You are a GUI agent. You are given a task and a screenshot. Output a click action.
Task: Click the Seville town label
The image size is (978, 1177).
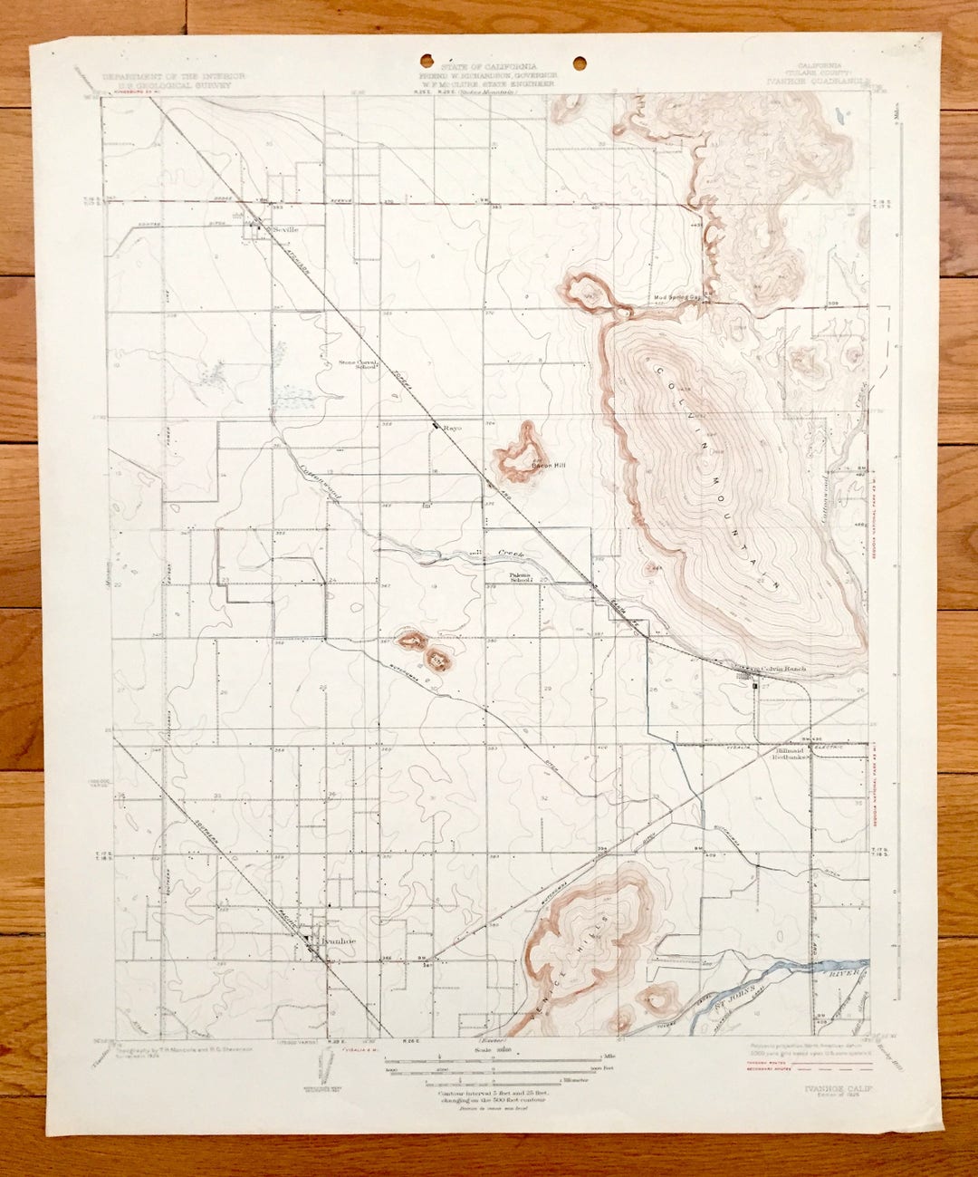(286, 230)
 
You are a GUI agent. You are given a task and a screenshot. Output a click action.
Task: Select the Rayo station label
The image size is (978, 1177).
(453, 425)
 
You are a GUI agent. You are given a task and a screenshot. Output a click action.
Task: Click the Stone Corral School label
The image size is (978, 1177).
(358, 365)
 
